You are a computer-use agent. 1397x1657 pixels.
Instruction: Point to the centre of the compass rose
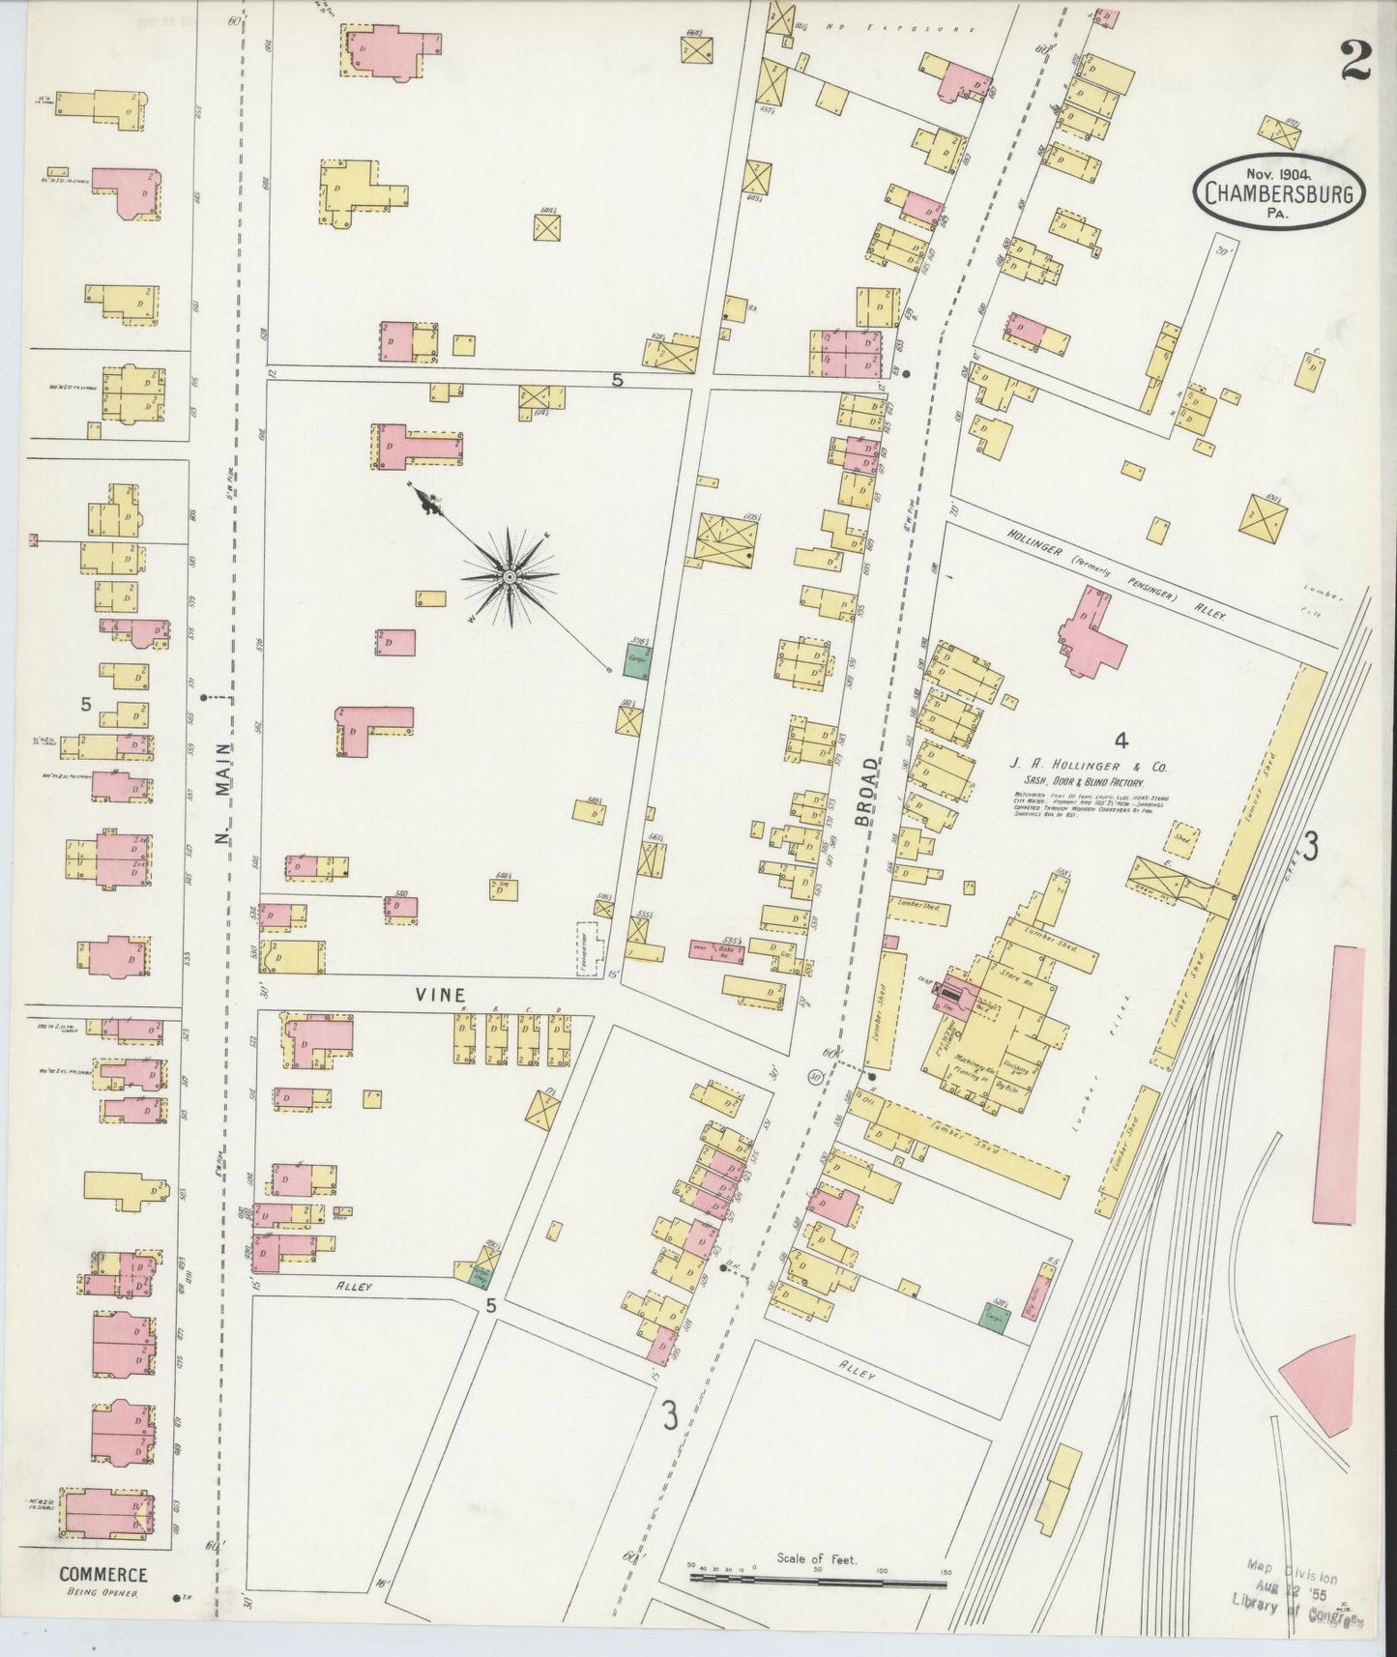pos(509,577)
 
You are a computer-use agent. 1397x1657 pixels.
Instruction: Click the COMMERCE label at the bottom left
pos(103,1574)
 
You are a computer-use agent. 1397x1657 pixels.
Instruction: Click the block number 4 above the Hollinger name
pos(1121,741)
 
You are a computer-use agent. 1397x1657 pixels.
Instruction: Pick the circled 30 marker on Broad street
pos(816,1075)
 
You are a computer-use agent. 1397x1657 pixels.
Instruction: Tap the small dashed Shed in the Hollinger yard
pos(1180,836)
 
